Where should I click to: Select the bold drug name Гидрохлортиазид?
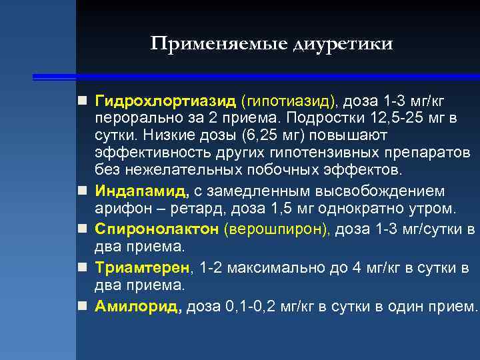165,101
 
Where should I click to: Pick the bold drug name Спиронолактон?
157,229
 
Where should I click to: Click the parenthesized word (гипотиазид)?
291,101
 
